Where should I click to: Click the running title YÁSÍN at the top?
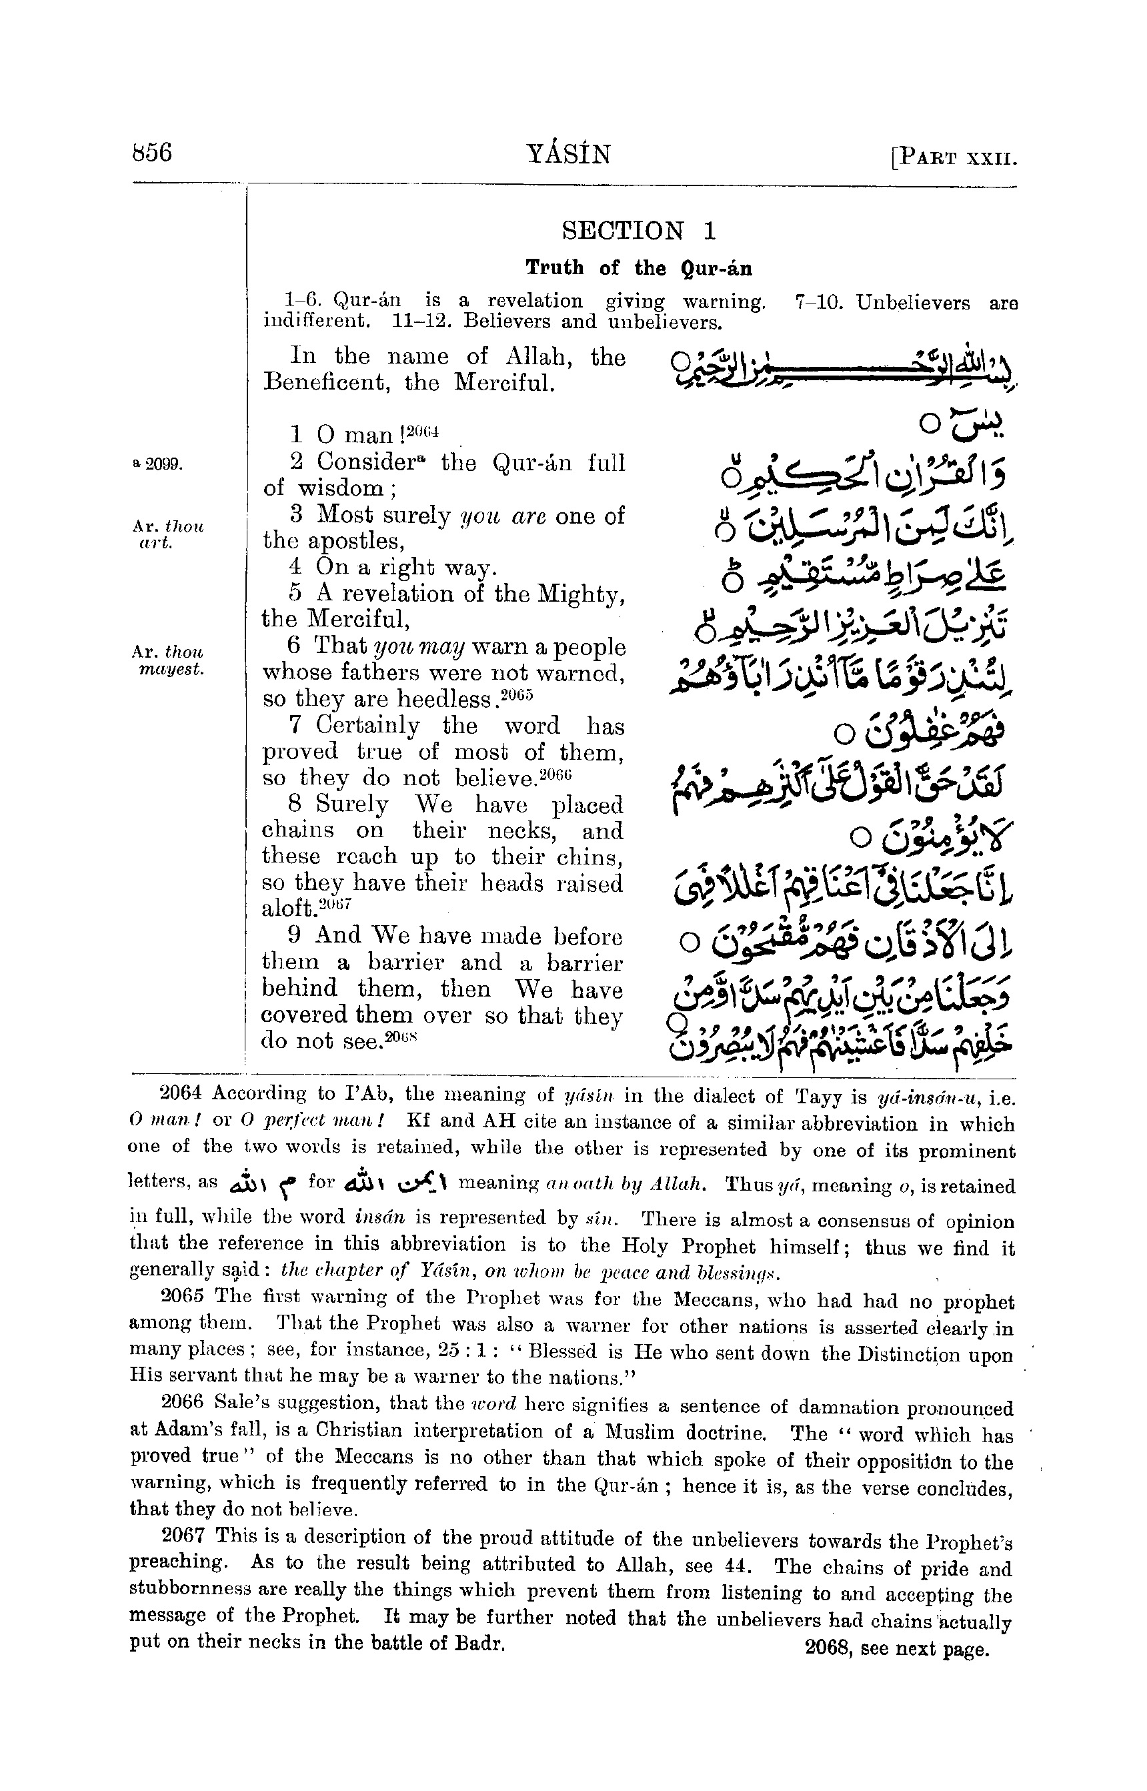click(x=568, y=154)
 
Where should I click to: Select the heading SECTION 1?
click(x=638, y=231)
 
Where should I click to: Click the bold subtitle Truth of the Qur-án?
click(x=638, y=268)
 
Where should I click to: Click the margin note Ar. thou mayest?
click(x=167, y=661)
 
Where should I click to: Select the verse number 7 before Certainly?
click(x=295, y=725)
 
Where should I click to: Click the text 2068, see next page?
click(x=896, y=1649)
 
